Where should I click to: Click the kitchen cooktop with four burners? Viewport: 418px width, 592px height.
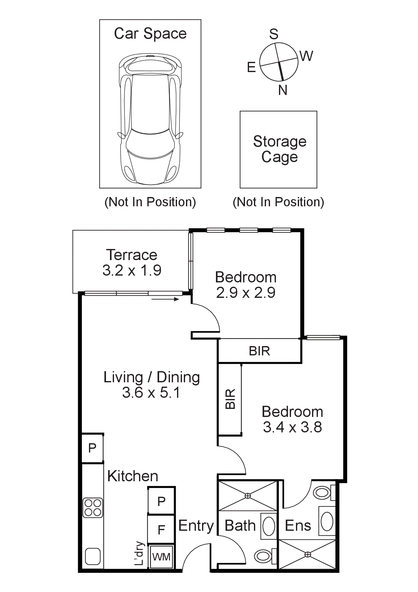click(x=93, y=508)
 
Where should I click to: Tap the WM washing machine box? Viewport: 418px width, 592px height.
click(x=161, y=557)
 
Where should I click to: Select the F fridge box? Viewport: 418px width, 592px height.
click(x=161, y=530)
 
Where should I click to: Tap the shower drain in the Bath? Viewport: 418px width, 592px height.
click(x=248, y=496)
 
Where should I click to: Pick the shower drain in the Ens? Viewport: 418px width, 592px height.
click(x=308, y=555)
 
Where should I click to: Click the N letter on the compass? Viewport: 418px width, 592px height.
click(x=283, y=90)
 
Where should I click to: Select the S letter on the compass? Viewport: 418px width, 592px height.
click(x=274, y=34)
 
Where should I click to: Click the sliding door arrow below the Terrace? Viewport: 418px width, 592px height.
click(x=165, y=299)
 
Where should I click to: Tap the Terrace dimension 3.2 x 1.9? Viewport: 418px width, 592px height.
click(x=132, y=270)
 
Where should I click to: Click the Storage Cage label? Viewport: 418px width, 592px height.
click(x=280, y=149)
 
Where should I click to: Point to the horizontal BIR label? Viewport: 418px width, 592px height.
click(x=260, y=351)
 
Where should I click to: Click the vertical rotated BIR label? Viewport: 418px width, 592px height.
click(x=230, y=399)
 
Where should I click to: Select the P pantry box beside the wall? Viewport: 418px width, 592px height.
click(x=92, y=448)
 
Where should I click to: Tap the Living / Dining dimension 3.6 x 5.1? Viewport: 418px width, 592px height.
click(x=151, y=393)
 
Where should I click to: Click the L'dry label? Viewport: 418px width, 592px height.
click(x=140, y=553)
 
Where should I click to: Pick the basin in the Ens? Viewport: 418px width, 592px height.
click(x=327, y=521)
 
